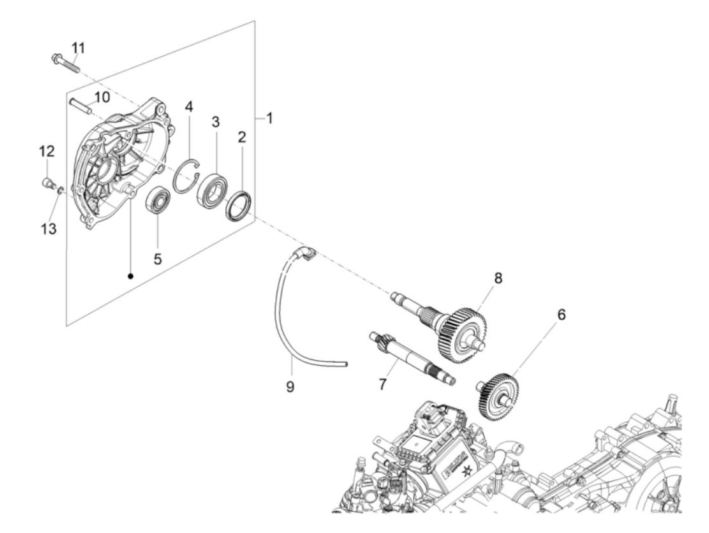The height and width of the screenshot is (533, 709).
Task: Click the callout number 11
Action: click(78, 48)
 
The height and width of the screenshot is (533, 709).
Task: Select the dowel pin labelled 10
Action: click(80, 104)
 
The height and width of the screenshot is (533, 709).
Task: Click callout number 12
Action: click(47, 151)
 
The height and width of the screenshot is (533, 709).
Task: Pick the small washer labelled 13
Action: click(60, 190)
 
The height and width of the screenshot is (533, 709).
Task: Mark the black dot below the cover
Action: click(131, 276)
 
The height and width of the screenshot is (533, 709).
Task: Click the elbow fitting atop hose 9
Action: click(307, 253)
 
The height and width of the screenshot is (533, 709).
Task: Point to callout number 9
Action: click(290, 387)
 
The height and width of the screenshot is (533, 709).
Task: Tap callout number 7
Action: click(382, 384)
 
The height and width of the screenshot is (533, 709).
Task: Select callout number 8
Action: click(498, 278)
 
